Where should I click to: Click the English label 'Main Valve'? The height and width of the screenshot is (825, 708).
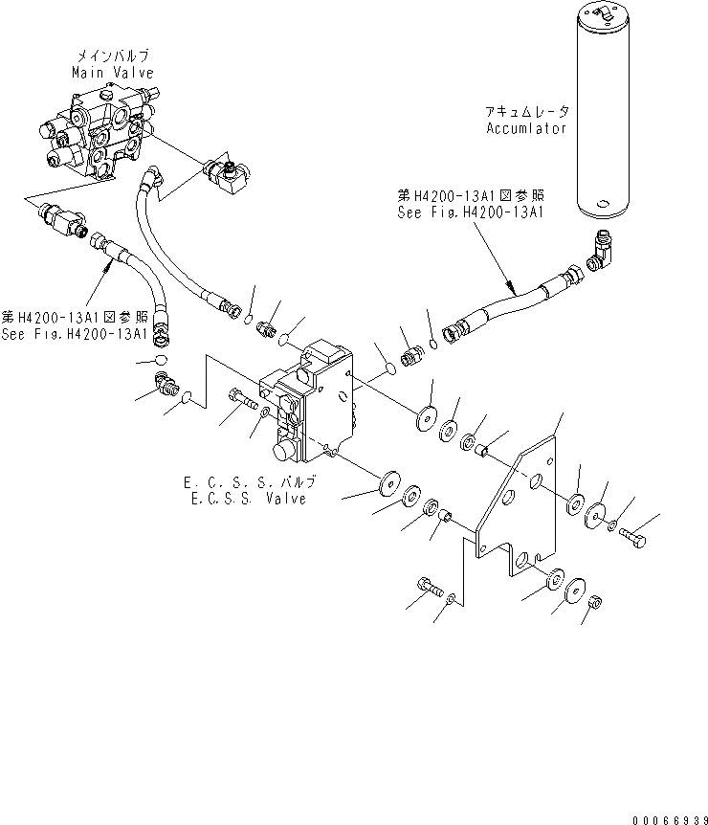point(113,73)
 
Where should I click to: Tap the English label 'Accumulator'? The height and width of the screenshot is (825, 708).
point(525,128)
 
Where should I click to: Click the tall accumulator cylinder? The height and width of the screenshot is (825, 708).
point(601,110)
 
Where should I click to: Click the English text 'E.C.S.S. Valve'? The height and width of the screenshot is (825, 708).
point(249,499)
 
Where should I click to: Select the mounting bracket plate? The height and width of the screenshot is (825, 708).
point(517,507)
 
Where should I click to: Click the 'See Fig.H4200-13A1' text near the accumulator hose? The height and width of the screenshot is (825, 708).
point(471,212)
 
